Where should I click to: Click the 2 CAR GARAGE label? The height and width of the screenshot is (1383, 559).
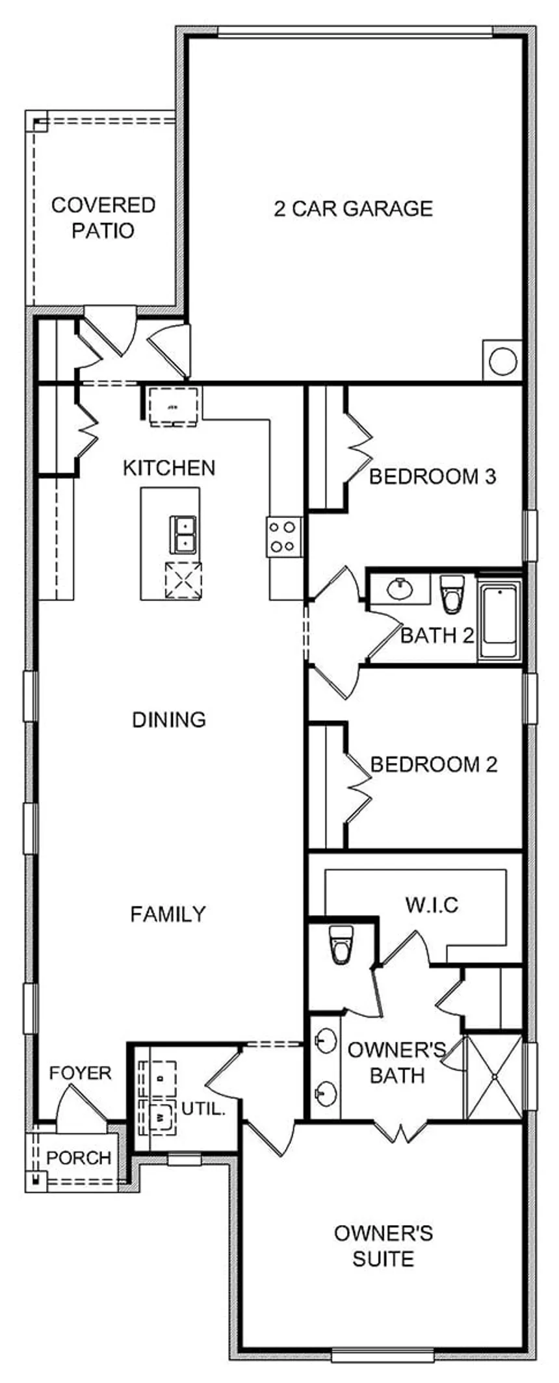tap(353, 209)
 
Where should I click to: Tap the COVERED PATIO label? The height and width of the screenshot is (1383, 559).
tap(103, 218)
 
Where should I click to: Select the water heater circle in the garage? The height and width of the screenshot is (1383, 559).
tap(503, 361)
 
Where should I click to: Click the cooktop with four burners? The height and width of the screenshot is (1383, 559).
tap(284, 537)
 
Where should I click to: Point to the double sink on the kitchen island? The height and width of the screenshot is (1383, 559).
tap(183, 534)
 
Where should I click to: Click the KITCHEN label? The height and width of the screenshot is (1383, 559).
tap(169, 468)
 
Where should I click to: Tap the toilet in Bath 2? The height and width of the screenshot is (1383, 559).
tap(450, 594)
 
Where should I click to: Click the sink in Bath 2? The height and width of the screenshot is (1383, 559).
tap(399, 589)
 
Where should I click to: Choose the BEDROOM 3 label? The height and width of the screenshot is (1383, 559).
tap(433, 477)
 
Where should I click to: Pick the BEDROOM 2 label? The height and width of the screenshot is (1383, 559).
tap(434, 764)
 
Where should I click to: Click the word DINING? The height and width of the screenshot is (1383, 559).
tap(169, 719)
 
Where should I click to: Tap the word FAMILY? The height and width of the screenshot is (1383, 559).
tap(168, 914)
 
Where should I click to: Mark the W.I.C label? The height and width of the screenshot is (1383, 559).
tap(432, 905)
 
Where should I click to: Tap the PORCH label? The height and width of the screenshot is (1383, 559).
tap(79, 1157)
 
